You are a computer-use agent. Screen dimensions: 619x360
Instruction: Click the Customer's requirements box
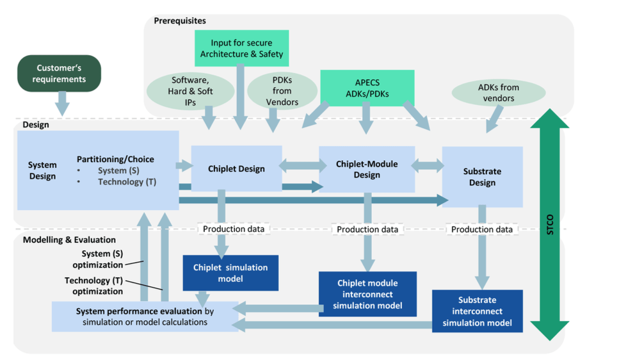pos(60,74)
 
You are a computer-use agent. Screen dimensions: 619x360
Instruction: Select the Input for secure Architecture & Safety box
pos(241,48)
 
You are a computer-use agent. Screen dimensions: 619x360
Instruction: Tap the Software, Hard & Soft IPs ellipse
pos(190,91)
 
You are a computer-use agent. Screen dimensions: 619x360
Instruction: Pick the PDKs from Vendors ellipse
pos(282,91)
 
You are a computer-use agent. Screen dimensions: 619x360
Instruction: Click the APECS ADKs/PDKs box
pos(367,88)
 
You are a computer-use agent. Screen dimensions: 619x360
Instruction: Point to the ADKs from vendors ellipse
pos(499,93)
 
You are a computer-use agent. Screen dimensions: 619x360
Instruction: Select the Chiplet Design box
pos(236,168)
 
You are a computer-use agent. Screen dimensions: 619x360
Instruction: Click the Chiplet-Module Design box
pos(367,169)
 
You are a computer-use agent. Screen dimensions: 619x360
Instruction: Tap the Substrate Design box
pos(483,177)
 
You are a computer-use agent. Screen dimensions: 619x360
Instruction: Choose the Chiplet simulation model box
pos(230,273)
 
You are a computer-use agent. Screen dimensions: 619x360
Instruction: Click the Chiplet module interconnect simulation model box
pos(367,294)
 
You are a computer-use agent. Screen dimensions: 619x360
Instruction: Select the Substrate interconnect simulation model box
pos(478,311)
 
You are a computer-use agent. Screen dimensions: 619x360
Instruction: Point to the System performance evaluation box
pos(145,316)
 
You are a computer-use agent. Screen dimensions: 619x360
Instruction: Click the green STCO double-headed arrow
pos(549,224)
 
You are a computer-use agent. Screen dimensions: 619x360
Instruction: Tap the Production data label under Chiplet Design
pos(234,229)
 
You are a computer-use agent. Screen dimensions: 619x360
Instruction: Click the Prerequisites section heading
pos(180,20)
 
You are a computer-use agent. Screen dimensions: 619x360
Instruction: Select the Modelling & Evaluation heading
pos(70,240)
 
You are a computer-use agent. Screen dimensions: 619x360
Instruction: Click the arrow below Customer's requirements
pos(62,104)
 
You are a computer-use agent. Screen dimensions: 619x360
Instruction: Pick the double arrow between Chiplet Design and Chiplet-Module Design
pos(303,165)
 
